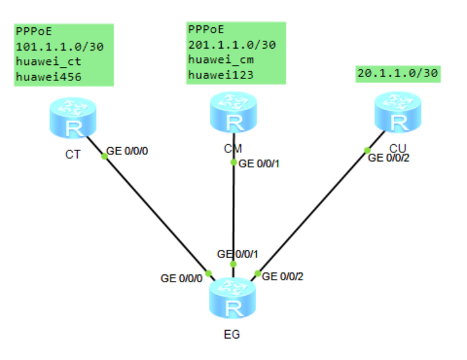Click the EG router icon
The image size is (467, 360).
[234, 298]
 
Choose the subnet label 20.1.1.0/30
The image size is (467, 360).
[398, 73]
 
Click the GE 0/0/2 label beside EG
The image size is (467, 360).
[283, 276]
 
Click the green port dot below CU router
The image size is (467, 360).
[368, 150]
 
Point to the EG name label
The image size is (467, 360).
[233, 335]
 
